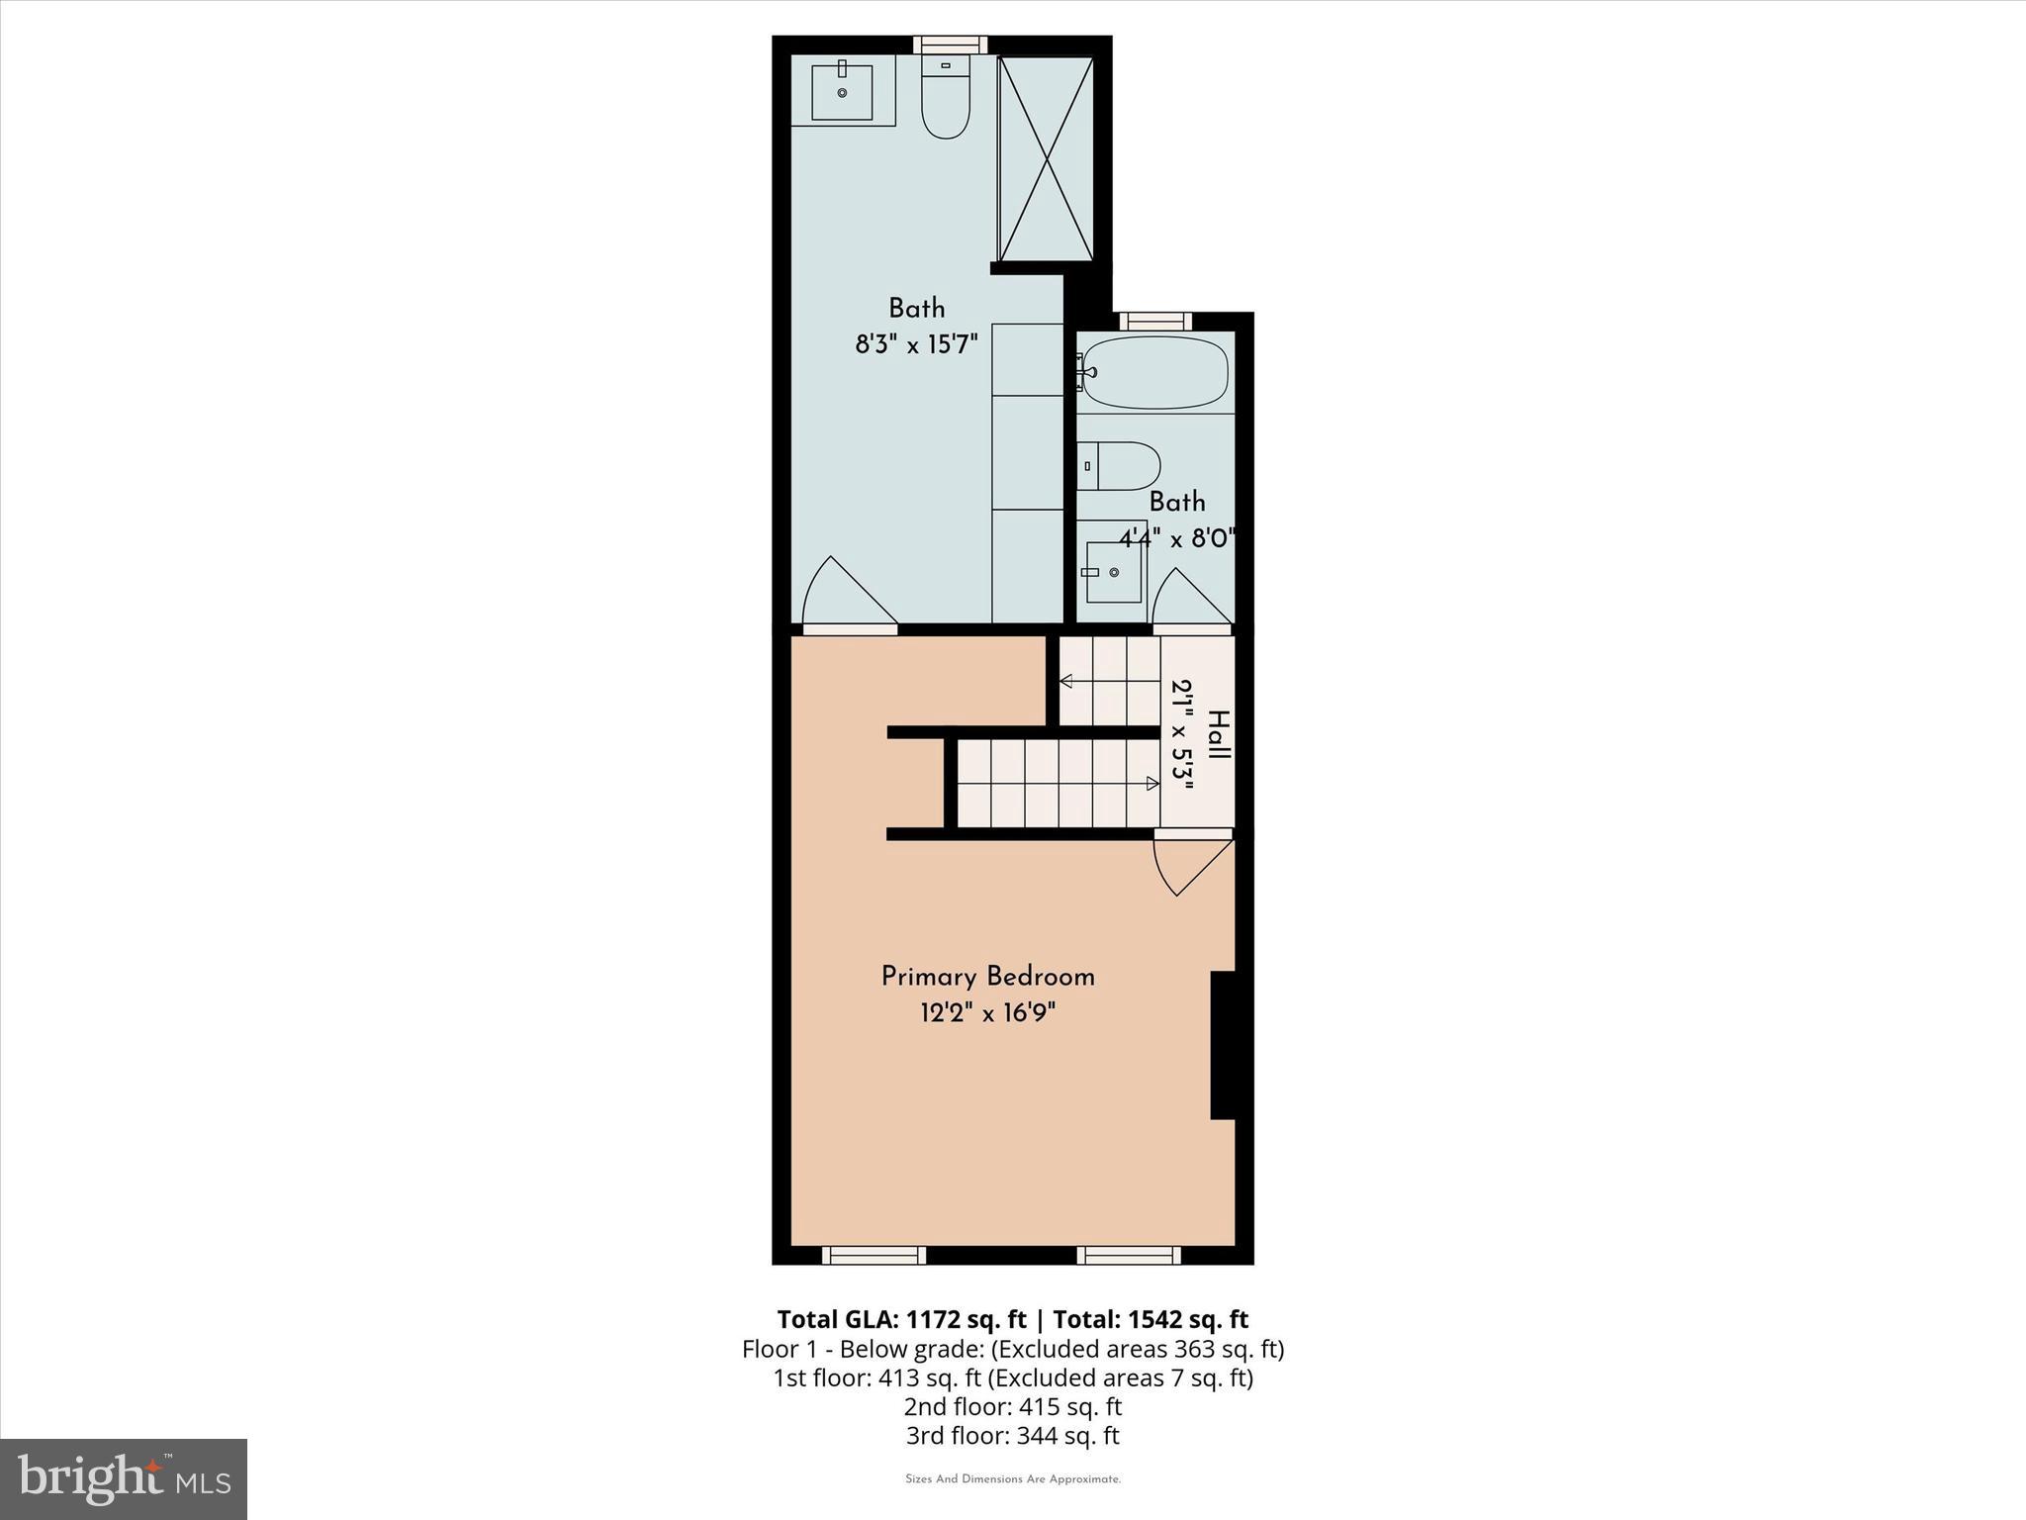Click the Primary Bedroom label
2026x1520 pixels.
click(x=987, y=977)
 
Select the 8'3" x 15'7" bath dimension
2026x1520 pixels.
click(x=916, y=344)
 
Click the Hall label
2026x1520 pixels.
click(x=1218, y=734)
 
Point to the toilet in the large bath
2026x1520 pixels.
click(x=946, y=98)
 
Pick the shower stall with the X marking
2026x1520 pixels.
click(x=1046, y=159)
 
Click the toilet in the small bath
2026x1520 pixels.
click(x=1120, y=466)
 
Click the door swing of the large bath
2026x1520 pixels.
click(x=848, y=595)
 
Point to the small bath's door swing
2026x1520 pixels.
click(x=1190, y=600)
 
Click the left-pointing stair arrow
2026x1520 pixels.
click(x=1066, y=681)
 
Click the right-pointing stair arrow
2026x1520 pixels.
click(x=1151, y=784)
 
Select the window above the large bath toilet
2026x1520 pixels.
click(x=950, y=45)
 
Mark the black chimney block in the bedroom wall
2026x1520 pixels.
click(x=1224, y=1045)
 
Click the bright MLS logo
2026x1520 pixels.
click(x=124, y=1479)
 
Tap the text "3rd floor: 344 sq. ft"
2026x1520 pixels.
click(x=1012, y=1436)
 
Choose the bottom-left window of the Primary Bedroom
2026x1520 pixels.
click(x=874, y=1256)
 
